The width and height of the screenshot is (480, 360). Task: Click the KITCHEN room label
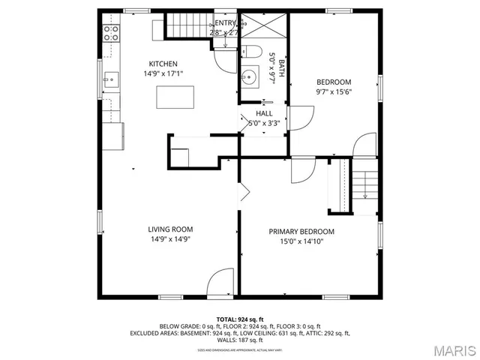pos(163,64)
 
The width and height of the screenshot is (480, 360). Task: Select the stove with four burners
pos(111,32)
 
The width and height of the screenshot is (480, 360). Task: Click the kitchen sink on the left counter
pos(110,76)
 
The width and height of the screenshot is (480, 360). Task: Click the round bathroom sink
pos(250,76)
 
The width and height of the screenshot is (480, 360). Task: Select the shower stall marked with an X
pos(264,27)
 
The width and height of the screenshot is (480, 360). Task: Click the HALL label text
pos(264,113)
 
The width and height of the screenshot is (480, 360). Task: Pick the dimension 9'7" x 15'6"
pos(333,91)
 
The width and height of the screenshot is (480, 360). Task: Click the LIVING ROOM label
pos(170,229)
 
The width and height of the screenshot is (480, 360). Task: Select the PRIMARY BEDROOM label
pos(301,232)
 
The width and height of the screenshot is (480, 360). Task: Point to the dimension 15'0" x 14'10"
pos(301,241)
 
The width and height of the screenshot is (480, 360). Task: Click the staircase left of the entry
pos(189,26)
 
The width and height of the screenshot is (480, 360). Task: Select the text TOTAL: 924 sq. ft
pos(239,319)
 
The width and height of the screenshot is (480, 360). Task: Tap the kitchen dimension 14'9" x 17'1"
pos(163,73)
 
